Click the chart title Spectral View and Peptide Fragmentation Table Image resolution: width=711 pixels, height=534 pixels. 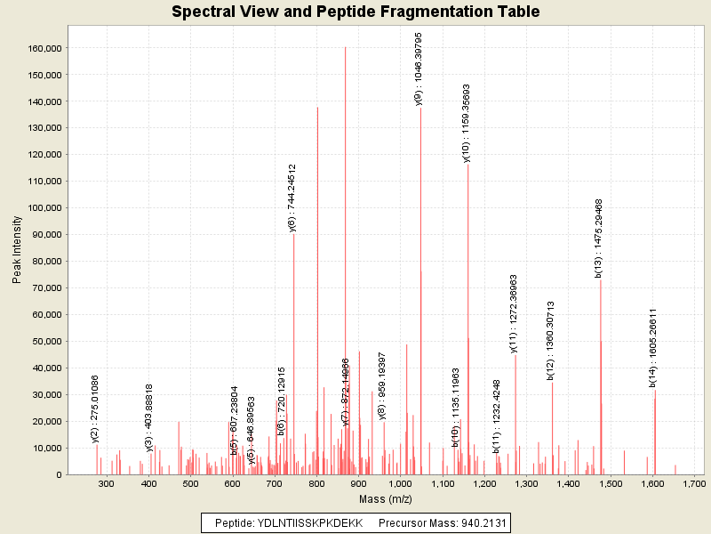(355, 12)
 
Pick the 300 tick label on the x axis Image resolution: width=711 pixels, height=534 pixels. (107, 483)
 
